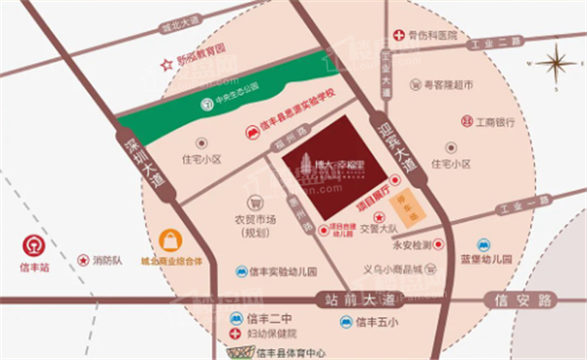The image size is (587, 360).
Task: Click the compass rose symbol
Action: click(555, 66)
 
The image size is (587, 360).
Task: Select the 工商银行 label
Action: click(495, 124)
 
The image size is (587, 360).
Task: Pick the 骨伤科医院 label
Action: click(433, 35)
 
